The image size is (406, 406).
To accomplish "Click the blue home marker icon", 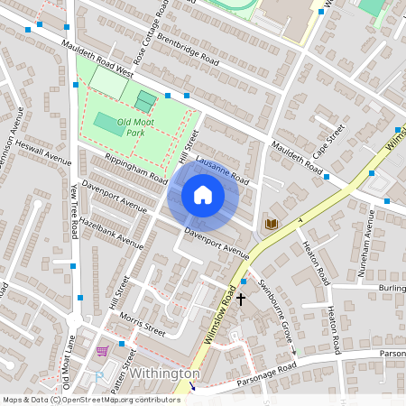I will [203, 195].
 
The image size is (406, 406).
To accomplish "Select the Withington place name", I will [164, 374].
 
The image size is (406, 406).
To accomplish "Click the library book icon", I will [271, 223].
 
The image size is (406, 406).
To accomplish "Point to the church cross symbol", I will [241, 297].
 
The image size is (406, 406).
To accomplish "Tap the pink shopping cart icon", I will [102, 350].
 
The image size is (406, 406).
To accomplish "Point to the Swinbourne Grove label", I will [274, 308].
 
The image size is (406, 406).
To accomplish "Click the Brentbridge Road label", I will [188, 50].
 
